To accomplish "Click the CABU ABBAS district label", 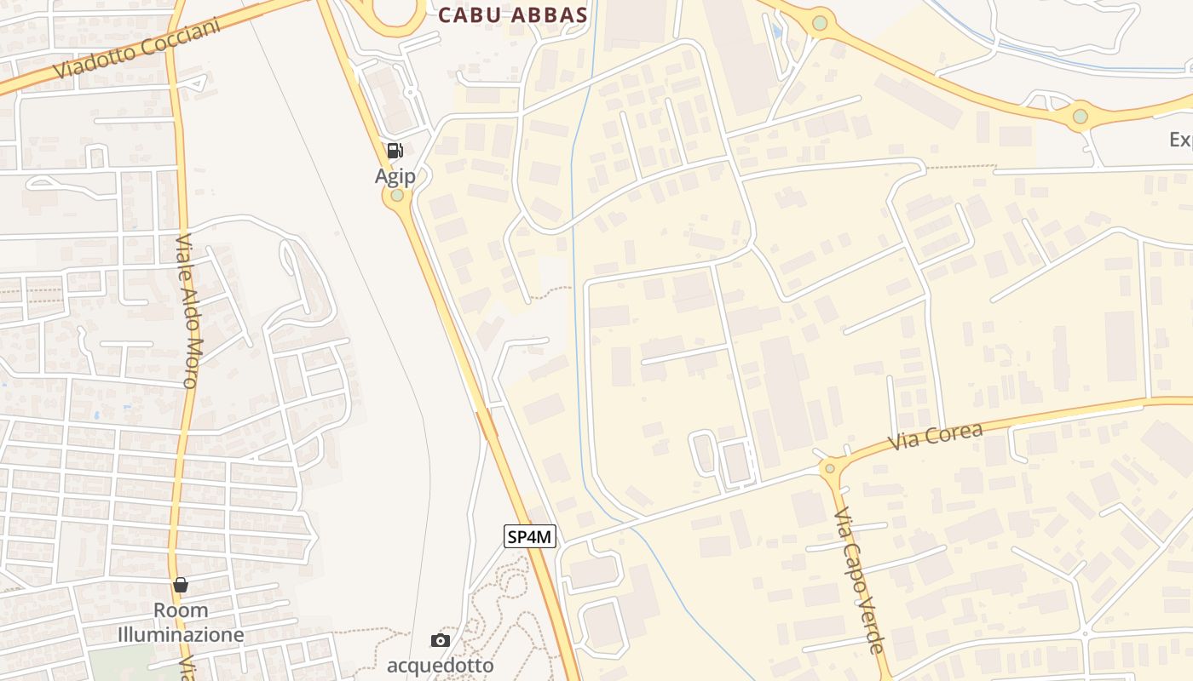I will tap(513, 14).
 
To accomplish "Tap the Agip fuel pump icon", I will tap(395, 152).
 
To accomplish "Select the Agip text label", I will tap(395, 176).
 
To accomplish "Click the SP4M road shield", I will tap(530, 536).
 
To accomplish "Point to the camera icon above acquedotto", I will tap(440, 640).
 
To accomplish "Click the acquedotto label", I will tap(440, 664).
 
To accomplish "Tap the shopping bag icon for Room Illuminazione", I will tap(181, 585).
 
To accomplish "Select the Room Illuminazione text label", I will tap(181, 622).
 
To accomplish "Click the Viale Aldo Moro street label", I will tap(187, 311).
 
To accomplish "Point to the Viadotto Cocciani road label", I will tap(136, 49).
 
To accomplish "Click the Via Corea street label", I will tap(935, 437).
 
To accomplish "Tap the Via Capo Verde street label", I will tap(859, 581).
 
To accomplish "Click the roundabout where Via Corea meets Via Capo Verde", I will tap(830, 467).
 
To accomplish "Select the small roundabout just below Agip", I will tap(397, 195).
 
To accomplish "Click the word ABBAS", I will tap(551, 14).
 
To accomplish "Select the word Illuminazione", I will tap(181, 634).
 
